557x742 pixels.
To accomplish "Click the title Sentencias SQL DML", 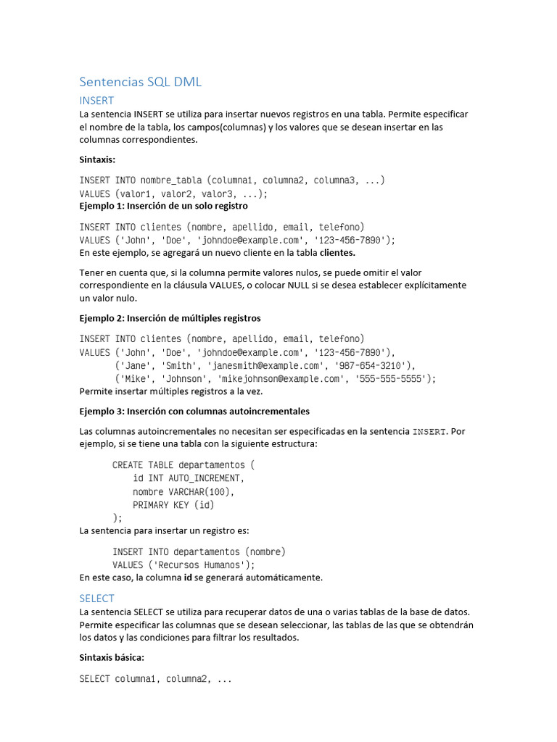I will tap(140, 82).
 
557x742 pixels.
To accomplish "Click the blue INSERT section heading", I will tap(96, 101).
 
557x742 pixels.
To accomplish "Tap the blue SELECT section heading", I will tap(96, 599).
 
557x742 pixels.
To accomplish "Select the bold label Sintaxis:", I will tap(97, 159).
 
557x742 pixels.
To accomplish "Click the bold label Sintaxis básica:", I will tap(112, 657).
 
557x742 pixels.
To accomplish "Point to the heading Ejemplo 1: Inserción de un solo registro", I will tap(163, 206).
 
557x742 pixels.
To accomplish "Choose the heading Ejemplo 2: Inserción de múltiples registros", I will tap(170, 318).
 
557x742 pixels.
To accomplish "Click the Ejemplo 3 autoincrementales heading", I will tap(194, 411).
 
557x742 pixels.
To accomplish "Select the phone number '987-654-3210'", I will tap(371, 365).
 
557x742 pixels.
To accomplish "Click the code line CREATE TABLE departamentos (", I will tap(183, 464).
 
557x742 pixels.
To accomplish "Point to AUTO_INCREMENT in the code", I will tap(206, 478).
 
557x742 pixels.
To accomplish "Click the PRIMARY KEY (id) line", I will tap(173, 505).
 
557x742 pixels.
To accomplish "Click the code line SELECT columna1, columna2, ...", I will tap(155, 679).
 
